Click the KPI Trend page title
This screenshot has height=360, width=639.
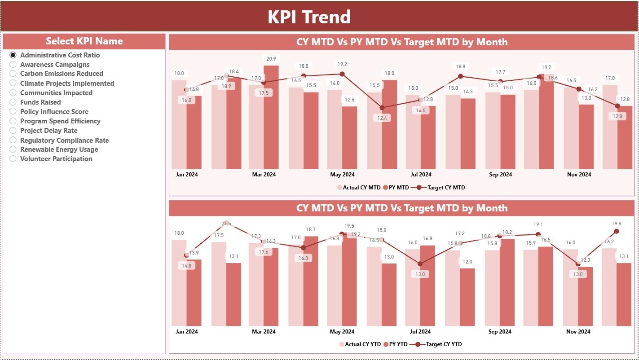309,17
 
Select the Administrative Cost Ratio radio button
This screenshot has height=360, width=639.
13,55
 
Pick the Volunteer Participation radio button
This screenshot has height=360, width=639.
13,159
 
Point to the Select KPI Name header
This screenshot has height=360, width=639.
84,41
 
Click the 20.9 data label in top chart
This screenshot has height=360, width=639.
271,58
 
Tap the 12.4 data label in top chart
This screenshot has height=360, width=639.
382,118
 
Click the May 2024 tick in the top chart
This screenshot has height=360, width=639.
342,175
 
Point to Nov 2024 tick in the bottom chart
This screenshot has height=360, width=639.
578,332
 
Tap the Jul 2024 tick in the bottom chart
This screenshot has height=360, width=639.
421,332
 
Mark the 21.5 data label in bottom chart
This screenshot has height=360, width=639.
226,224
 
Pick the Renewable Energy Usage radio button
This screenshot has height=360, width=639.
13,149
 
